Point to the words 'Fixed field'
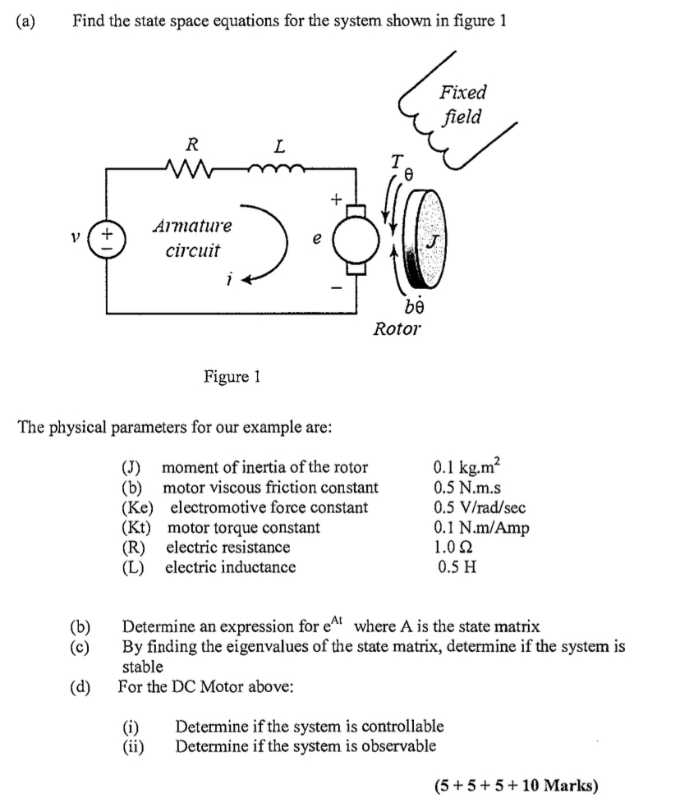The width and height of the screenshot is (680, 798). [x=462, y=104]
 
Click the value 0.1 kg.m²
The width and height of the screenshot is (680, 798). [x=465, y=468]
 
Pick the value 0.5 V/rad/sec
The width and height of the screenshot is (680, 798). [x=480, y=507]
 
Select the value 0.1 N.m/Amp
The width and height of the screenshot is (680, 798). [x=481, y=527]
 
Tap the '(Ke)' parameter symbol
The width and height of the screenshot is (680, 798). [x=137, y=507]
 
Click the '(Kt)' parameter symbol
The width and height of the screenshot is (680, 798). [x=136, y=527]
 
